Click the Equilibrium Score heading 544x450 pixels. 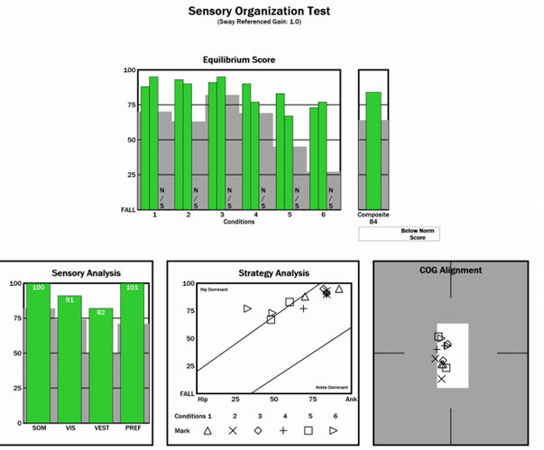coord(239,60)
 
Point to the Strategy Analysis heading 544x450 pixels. coord(273,272)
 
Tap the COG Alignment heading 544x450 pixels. coord(451,270)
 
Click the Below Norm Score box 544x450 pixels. coord(411,234)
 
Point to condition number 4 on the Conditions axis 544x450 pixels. coord(255,215)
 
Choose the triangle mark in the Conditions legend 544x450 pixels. coord(208,431)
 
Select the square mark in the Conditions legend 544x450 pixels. coord(308,431)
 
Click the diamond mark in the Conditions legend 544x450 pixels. coord(258,431)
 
